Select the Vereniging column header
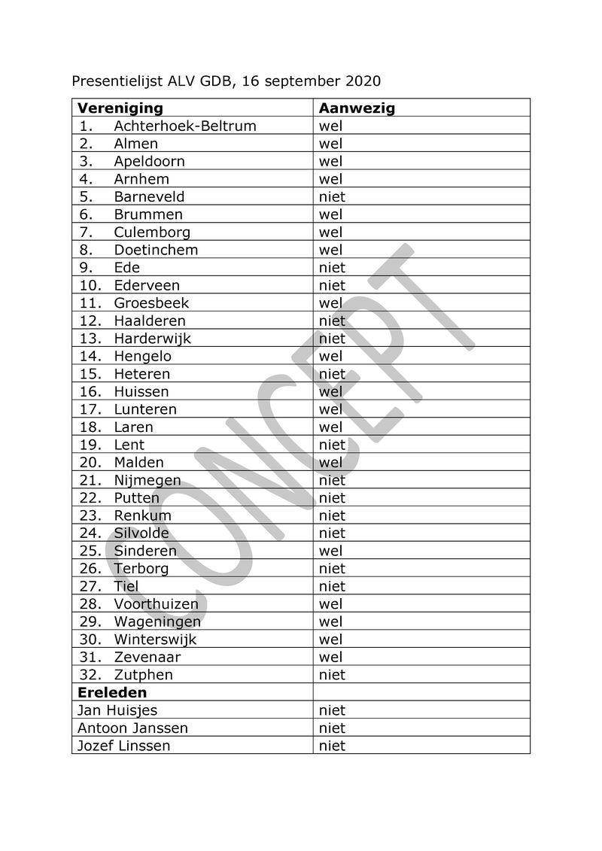tap(120, 108)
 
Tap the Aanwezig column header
tap(357, 108)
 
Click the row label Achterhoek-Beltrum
tap(185, 126)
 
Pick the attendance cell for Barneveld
tap(332, 196)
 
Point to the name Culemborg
tap(152, 232)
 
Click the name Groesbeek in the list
tap(151, 303)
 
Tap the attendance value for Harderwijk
tap(332, 339)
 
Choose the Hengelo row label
tap(143, 356)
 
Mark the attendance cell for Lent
tap(332, 445)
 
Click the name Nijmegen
tap(147, 480)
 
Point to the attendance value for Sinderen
tap(330, 551)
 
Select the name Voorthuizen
tap(157, 603)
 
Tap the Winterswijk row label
tap(155, 639)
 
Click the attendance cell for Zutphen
tap(332, 675)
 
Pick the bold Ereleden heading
tap(112, 692)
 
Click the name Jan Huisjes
tap(117, 710)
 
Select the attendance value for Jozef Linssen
tap(332, 746)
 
